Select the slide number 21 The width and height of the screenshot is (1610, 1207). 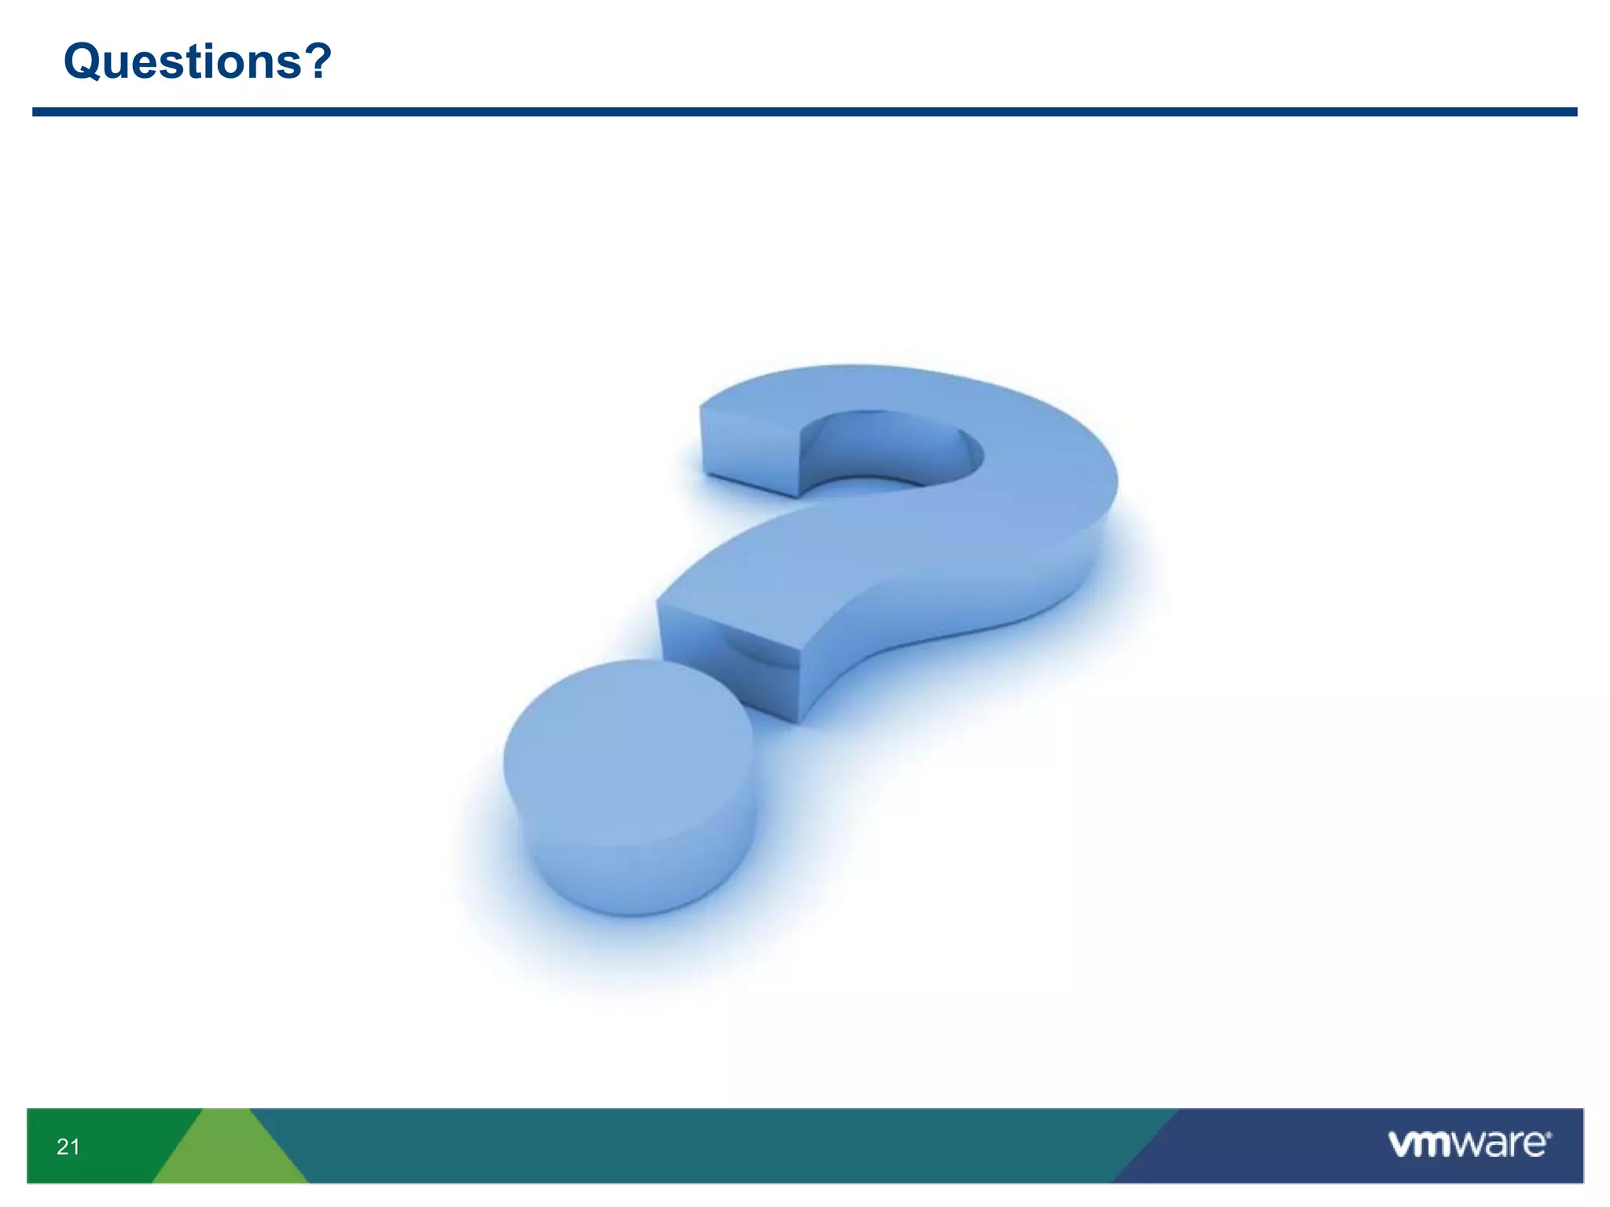click(x=68, y=1147)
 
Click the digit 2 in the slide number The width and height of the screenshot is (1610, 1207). click(x=63, y=1147)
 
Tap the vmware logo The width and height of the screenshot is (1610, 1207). click(x=1468, y=1143)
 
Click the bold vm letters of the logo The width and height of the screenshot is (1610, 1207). click(x=1419, y=1144)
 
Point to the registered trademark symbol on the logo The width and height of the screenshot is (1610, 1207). click(x=1549, y=1135)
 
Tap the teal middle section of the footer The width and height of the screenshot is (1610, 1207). click(x=708, y=1146)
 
